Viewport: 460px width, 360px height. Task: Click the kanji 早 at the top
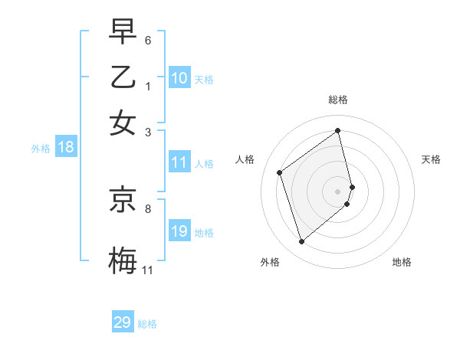[123, 31]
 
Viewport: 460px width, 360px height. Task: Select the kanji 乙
[123, 77]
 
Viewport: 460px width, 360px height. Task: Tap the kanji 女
[123, 123]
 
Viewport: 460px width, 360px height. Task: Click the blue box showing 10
[179, 78]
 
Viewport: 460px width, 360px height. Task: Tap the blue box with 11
[179, 162]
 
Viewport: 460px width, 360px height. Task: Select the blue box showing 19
[179, 231]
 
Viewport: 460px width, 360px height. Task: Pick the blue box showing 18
[65, 147]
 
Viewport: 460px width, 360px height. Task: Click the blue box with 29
[123, 322]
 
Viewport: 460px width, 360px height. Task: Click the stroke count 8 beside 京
[148, 208]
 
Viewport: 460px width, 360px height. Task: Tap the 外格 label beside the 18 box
[41, 149]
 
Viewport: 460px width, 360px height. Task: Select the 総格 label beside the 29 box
[148, 324]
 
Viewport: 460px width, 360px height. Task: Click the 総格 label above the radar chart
[338, 100]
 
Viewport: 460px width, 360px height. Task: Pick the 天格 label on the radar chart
[432, 159]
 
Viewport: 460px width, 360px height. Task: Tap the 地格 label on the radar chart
[402, 262]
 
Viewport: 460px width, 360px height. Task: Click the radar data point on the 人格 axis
[280, 172]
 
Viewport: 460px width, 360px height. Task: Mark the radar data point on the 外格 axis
[301, 242]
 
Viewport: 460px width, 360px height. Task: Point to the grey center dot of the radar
[338, 190]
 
